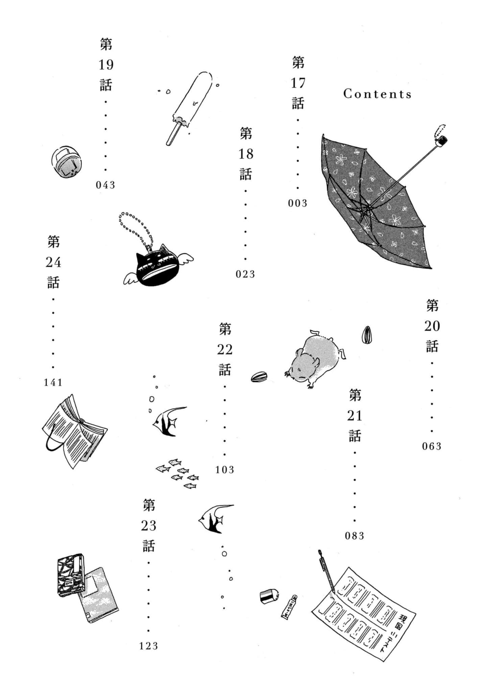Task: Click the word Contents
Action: pyautogui.click(x=377, y=94)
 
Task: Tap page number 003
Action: pyautogui.click(x=297, y=203)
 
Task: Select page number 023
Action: pyautogui.click(x=245, y=274)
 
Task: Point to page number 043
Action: pyautogui.click(x=105, y=185)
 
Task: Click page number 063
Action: pyautogui.click(x=432, y=446)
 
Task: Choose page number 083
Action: pyautogui.click(x=355, y=536)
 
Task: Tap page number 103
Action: pyautogui.click(x=225, y=470)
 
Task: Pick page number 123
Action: pyautogui.click(x=149, y=646)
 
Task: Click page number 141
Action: pyautogui.click(x=53, y=382)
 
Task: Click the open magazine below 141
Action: pyautogui.click(x=74, y=431)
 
